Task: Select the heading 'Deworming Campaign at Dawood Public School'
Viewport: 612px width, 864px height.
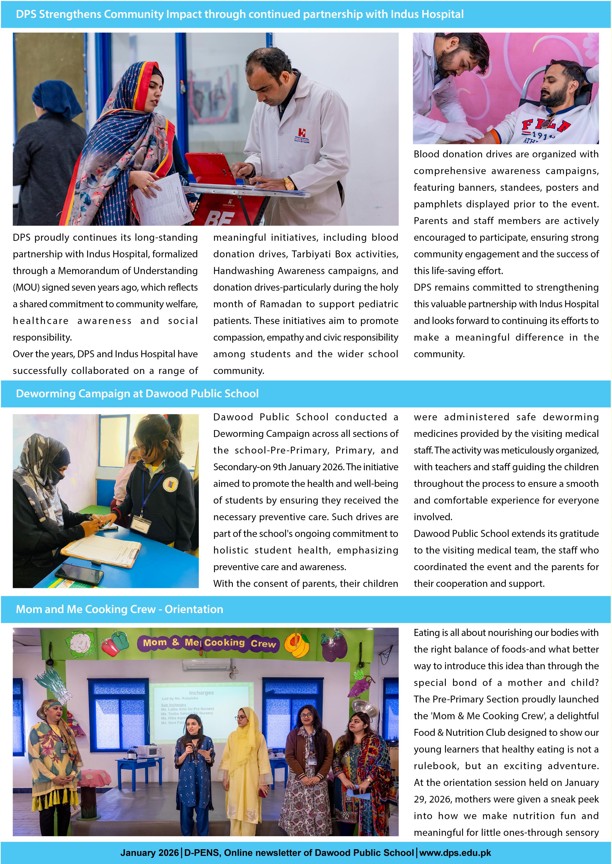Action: click(137, 394)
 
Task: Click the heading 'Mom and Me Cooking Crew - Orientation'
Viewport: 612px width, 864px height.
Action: click(119, 609)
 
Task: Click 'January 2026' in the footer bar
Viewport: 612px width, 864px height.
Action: click(149, 853)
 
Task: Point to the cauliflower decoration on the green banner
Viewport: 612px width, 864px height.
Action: click(79, 644)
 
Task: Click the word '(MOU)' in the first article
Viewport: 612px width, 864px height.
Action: click(26, 288)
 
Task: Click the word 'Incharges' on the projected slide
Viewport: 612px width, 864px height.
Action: click(201, 693)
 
